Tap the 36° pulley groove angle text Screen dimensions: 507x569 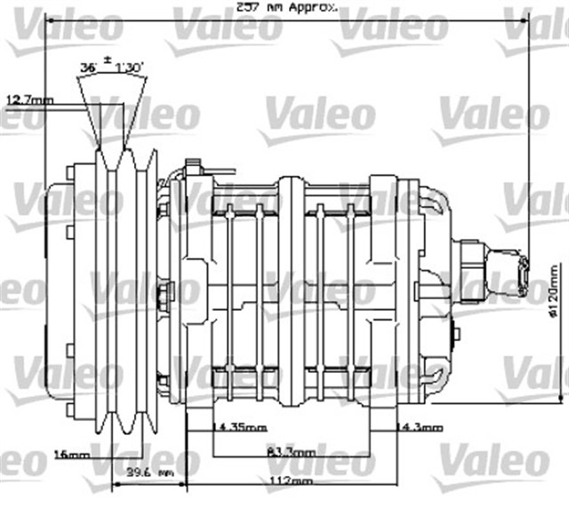[88, 67]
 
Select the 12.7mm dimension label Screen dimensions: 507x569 [29, 100]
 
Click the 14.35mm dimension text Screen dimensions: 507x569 [239, 428]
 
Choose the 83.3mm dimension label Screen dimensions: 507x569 [291, 453]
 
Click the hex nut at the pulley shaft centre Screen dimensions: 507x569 [164, 292]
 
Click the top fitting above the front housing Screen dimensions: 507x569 [198, 165]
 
